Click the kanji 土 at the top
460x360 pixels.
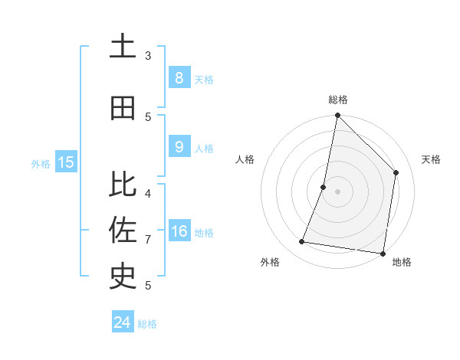(123, 47)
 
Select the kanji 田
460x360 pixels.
(123, 108)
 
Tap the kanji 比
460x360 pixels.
(123, 184)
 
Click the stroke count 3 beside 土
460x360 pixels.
(148, 55)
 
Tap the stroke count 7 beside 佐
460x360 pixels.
(148, 240)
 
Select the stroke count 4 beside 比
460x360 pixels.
(148, 193)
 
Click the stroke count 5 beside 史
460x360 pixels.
(148, 286)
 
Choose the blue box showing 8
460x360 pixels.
(179, 77)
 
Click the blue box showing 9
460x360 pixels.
(179, 147)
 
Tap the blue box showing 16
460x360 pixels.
(179, 231)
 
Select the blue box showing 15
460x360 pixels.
(66, 162)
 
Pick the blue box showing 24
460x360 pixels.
(122, 322)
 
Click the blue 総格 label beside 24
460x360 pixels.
(147, 324)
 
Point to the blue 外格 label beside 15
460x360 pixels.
(40, 163)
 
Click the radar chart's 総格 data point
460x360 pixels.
(337, 116)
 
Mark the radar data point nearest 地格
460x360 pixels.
(383, 253)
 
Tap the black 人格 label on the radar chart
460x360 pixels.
(245, 159)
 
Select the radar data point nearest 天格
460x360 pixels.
(396, 172)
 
